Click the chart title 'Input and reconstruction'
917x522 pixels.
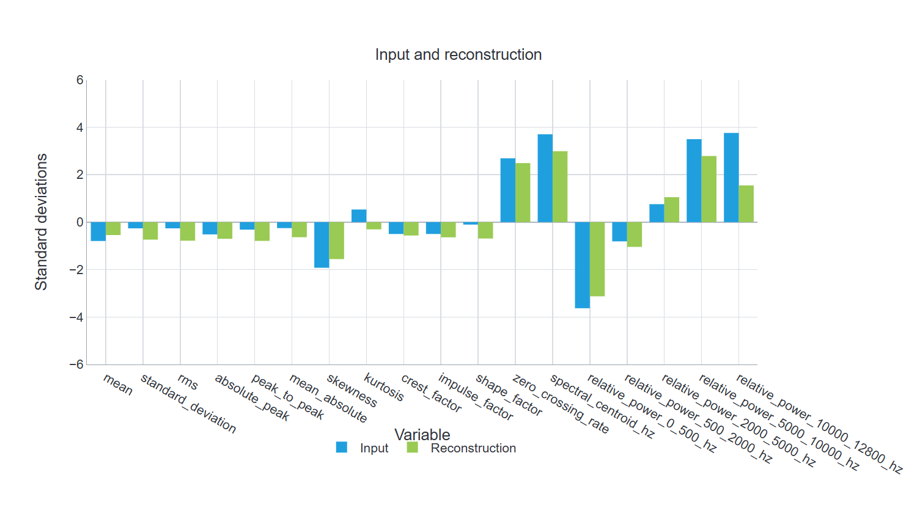pyautogui.click(x=458, y=54)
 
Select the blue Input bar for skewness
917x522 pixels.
pyautogui.click(x=322, y=245)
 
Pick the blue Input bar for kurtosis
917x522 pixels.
pyautogui.click(x=359, y=216)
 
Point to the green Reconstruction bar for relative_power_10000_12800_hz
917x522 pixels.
pyautogui.click(x=746, y=204)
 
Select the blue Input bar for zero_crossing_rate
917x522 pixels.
pyautogui.click(x=507, y=190)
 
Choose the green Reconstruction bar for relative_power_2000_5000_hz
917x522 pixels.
pyautogui.click(x=672, y=209)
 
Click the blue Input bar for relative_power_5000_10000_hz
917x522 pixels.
pyautogui.click(x=694, y=181)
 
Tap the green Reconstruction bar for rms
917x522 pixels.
pyautogui.click(x=188, y=231)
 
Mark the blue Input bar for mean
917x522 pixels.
pyautogui.click(x=98, y=231)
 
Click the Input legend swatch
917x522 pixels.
pyautogui.click(x=341, y=447)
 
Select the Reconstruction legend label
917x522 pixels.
pyautogui.click(x=473, y=448)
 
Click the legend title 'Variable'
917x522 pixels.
pyautogui.click(x=422, y=434)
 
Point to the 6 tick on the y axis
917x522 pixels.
pyautogui.click(x=79, y=80)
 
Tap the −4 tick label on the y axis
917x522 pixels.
pyautogui.click(x=76, y=317)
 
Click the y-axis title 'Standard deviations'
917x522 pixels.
pyautogui.click(x=41, y=222)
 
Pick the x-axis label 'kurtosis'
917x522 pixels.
pyautogui.click(x=383, y=386)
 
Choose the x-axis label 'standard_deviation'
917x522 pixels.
pyautogui.click(x=188, y=404)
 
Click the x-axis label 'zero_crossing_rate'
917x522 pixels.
pyautogui.click(x=561, y=404)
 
